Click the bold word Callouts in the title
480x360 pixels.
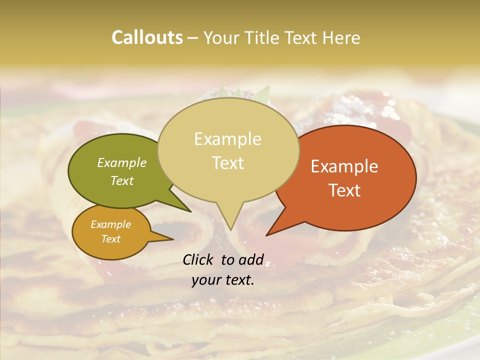tap(147, 37)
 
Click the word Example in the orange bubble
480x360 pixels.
tap(344, 166)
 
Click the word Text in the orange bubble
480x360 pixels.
tap(344, 190)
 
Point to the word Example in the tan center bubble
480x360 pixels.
tap(227, 139)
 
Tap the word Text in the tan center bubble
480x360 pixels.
tap(227, 162)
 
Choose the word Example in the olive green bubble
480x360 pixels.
tap(122, 162)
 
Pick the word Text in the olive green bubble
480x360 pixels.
tap(122, 180)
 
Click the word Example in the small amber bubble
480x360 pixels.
tap(110, 224)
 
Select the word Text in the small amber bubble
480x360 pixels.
tap(110, 239)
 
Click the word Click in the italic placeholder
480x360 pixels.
tap(199, 259)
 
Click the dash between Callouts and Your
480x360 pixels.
tap(193, 38)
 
